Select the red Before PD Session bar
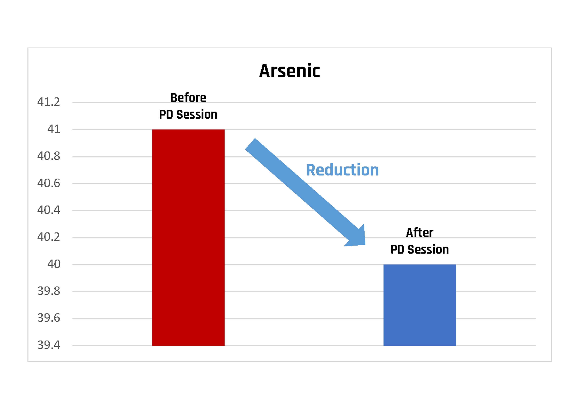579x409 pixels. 188,237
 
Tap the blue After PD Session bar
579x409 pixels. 420,305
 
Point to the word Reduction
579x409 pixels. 342,170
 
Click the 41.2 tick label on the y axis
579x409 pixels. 49,102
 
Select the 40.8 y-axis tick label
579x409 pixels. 49,156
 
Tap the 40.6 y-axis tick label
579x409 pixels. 49,183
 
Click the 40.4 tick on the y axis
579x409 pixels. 49,210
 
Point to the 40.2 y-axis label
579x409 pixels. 49,237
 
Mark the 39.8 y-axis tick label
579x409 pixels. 49,291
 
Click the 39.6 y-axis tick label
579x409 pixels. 49,318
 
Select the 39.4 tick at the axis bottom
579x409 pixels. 49,345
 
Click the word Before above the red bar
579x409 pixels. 188,98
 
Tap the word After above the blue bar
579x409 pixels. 420,233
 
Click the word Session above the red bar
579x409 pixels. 197,115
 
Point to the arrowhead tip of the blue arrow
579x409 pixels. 365,244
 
